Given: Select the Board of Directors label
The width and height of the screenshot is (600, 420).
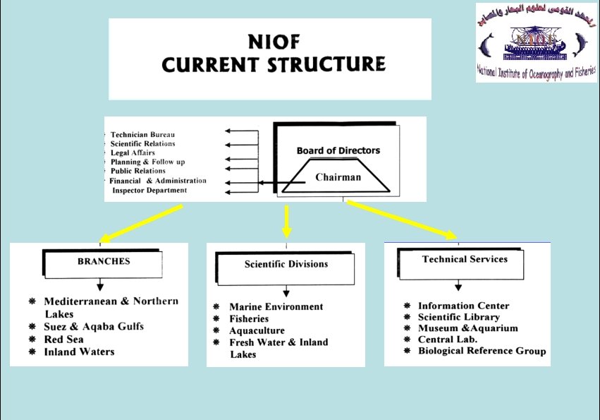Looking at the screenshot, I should (x=338, y=150).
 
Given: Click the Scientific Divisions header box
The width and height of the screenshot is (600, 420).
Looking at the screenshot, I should (x=286, y=265).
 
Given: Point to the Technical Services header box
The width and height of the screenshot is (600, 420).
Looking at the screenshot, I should (x=465, y=260).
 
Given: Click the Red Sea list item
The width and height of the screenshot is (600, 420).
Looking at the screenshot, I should (x=63, y=339).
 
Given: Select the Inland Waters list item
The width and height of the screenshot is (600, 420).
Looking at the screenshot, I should (x=78, y=352).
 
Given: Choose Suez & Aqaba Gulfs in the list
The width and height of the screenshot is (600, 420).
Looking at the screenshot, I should (x=94, y=327).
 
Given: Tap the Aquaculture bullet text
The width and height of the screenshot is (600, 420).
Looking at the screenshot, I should (x=257, y=330).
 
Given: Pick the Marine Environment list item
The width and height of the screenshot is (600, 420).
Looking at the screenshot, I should (x=276, y=306).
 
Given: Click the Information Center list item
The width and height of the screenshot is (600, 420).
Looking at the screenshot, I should (x=463, y=306).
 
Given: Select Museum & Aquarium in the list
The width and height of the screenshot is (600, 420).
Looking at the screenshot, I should (x=467, y=328).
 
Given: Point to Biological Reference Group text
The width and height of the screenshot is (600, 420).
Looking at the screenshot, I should (x=482, y=351).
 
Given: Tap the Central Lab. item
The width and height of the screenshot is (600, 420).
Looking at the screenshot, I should (x=448, y=340).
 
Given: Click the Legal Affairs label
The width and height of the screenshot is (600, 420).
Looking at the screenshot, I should (x=133, y=152).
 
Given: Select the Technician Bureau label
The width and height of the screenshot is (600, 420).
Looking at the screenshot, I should (x=142, y=134).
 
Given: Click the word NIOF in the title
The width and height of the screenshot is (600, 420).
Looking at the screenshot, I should (x=274, y=41).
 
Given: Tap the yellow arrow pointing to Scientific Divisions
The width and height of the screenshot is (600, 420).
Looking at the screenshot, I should (x=286, y=221).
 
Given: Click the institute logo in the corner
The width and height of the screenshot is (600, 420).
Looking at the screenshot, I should (x=536, y=42).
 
